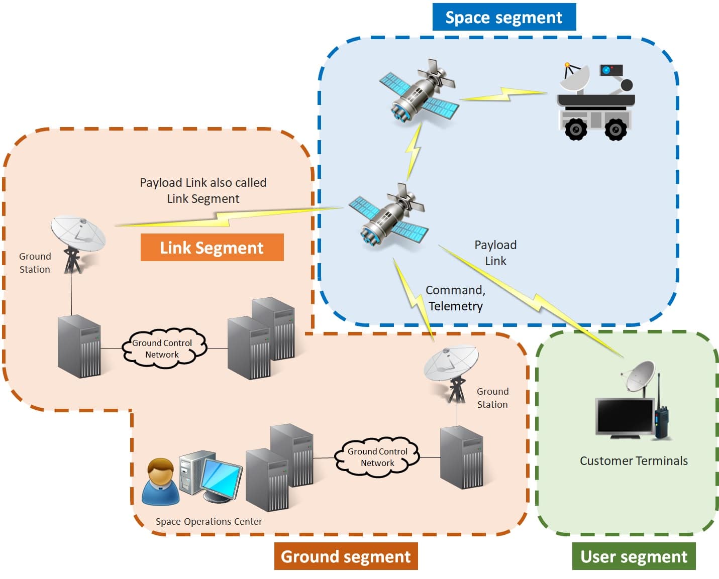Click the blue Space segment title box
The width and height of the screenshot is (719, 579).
pyautogui.click(x=504, y=18)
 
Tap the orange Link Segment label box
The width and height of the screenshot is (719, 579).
pyautogui.click(x=212, y=248)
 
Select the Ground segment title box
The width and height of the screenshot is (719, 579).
pyautogui.click(x=346, y=556)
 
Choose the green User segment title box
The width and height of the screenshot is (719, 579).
pyautogui.click(x=634, y=556)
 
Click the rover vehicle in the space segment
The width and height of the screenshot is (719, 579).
pyautogui.click(x=596, y=103)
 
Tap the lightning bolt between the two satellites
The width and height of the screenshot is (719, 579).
pyautogui.click(x=414, y=151)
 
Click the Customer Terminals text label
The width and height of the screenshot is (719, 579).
pyautogui.click(x=634, y=460)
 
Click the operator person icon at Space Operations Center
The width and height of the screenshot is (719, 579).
pyautogui.click(x=160, y=482)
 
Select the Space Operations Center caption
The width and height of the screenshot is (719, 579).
pyautogui.click(x=209, y=522)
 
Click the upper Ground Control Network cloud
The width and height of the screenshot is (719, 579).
pyautogui.click(x=162, y=349)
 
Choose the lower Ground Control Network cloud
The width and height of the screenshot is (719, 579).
pyautogui.click(x=377, y=457)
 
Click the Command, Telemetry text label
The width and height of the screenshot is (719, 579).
pyautogui.click(x=455, y=298)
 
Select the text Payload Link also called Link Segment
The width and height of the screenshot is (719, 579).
pyautogui.click(x=203, y=190)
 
